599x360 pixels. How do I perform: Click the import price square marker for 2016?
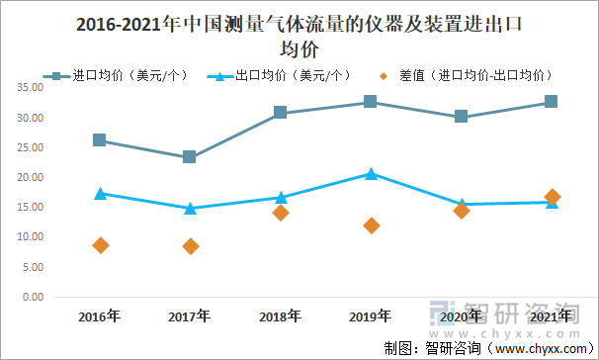coord(100,140)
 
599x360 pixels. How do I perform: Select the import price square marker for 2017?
coord(190,157)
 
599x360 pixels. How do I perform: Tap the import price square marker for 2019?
coord(371,102)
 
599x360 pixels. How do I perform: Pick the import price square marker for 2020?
coord(461,117)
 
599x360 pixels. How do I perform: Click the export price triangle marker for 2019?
coord(371,174)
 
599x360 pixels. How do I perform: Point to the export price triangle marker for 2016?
coord(100,194)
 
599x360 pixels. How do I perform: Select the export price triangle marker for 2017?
coord(190,209)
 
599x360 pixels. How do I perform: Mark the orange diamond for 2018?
coord(281,213)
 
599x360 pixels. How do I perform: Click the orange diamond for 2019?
coord(371,225)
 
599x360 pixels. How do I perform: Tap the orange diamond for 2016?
coord(100,245)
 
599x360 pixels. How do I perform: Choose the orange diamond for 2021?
coord(552,197)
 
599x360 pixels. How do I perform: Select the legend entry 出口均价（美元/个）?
coord(282,74)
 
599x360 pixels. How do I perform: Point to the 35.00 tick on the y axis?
coord(28,87)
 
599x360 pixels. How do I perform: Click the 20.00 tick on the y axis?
coord(28,177)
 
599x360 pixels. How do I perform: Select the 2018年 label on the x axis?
coord(280,316)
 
